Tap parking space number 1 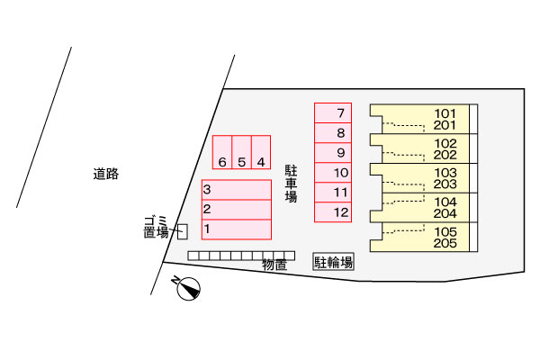(236, 229)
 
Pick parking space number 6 (222, 151)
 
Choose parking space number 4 (261, 151)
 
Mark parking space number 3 (236, 190)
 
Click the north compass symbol (188, 290)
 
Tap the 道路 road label (106, 174)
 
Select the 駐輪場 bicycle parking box (333, 262)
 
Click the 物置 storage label (274, 265)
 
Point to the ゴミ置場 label (156, 227)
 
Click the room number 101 (445, 113)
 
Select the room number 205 (445, 243)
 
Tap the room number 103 (445, 173)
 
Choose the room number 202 (445, 155)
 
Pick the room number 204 (445, 213)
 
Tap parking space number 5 (242, 151)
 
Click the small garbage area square (182, 231)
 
